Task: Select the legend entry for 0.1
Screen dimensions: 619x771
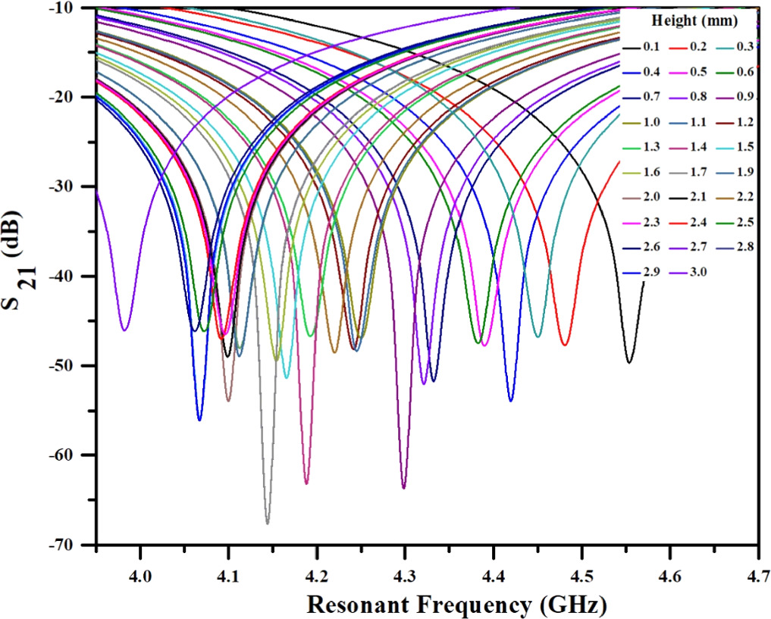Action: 651,47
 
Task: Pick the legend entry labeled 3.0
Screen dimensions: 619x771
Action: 695,271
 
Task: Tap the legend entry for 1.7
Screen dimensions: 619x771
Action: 695,172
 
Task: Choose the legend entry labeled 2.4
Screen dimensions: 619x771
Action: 695,221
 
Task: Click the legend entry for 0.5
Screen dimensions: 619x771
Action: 695,72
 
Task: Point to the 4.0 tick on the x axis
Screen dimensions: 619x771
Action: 140,564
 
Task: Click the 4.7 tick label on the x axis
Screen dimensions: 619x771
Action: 757,564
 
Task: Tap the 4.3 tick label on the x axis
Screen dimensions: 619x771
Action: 405,564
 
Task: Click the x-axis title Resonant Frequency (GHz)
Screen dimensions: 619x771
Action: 456,603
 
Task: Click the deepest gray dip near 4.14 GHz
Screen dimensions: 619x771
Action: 267,523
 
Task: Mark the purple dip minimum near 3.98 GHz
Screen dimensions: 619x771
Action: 124,330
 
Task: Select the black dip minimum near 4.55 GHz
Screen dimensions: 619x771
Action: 629,362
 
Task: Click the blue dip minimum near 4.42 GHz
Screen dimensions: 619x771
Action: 511,400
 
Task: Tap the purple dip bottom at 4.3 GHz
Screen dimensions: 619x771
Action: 404,487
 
